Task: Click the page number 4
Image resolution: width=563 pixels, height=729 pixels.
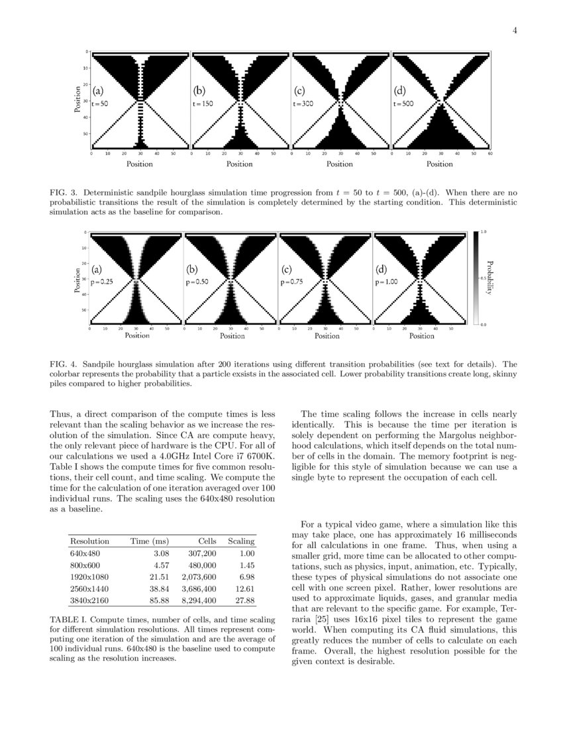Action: click(514, 30)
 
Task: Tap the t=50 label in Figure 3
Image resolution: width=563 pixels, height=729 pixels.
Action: click(100, 104)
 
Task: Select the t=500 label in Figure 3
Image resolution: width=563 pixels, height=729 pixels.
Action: click(402, 104)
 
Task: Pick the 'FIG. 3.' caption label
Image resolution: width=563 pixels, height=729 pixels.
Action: click(64, 193)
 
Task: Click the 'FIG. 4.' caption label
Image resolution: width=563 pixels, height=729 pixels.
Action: click(64, 364)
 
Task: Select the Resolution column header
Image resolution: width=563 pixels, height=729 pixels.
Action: click(89, 541)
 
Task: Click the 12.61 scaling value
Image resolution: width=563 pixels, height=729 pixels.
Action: click(245, 589)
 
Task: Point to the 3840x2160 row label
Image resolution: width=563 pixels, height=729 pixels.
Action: click(89, 600)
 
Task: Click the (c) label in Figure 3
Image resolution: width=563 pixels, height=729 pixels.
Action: click(299, 91)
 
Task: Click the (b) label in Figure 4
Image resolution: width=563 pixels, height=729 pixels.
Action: click(191, 270)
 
